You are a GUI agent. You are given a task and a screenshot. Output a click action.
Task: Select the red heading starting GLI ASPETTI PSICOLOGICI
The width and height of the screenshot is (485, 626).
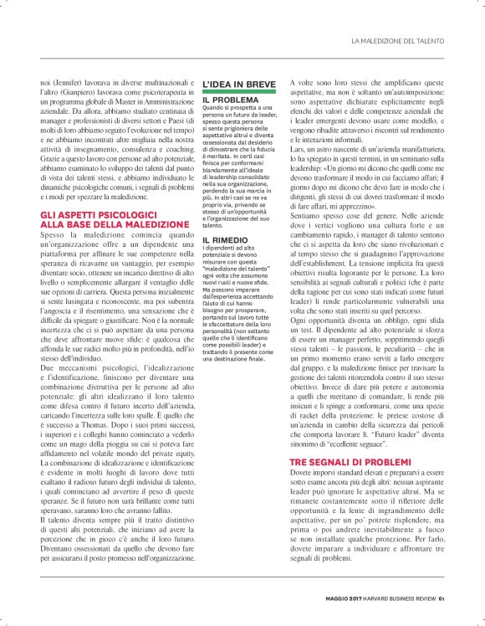(113, 220)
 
